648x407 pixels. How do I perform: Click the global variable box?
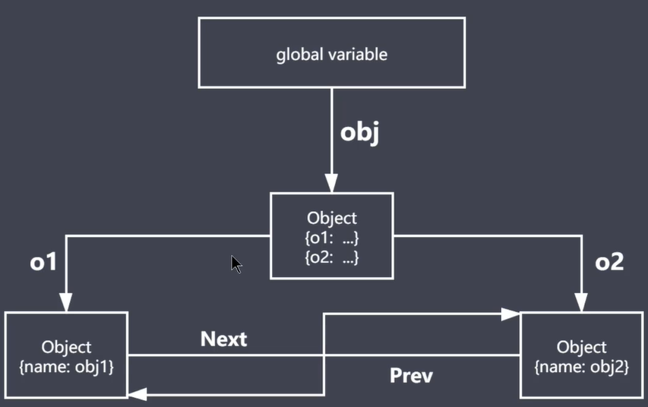click(331, 54)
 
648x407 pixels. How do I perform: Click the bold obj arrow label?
click(359, 131)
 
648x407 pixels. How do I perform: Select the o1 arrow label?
click(43, 262)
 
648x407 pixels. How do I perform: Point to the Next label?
click(223, 339)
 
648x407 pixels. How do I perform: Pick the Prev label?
click(411, 374)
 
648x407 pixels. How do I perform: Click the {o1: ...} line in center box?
click(331, 238)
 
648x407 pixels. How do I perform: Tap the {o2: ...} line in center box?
click(331, 257)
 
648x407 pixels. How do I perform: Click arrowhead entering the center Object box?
click(331, 185)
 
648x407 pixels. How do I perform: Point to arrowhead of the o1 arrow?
click(66, 304)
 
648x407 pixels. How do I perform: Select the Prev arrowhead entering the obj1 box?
click(137, 392)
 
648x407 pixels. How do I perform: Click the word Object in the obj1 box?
click(66, 347)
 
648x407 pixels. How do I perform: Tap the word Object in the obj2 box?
click(581, 347)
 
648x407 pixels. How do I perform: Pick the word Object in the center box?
click(331, 219)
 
